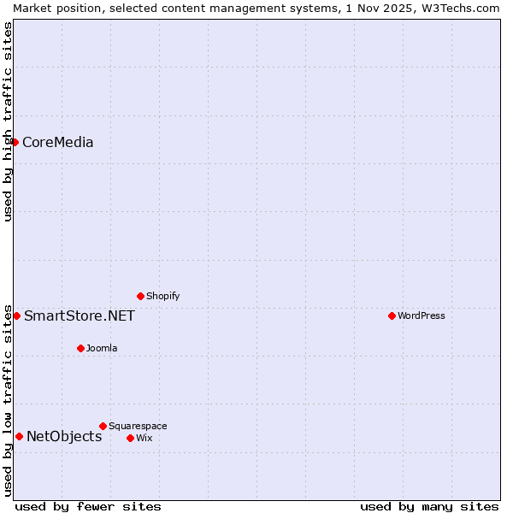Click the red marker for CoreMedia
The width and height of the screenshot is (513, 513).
point(15,142)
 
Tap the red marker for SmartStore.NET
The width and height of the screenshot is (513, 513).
point(16,315)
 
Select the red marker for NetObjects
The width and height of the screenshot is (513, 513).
point(19,436)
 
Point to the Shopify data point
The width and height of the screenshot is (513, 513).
point(140,296)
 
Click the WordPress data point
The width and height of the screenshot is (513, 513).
point(392,315)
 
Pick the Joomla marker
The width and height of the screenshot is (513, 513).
point(80,348)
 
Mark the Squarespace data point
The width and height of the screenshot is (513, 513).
point(103,426)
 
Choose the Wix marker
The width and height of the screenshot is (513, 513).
point(130,438)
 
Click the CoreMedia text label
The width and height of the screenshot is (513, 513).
point(58,143)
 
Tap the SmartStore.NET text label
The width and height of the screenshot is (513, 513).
point(80,316)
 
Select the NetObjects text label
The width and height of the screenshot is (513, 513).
point(64,437)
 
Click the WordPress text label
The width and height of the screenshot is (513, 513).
point(422,315)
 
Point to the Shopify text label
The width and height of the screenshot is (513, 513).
point(163,296)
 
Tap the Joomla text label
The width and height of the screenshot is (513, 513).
point(102,348)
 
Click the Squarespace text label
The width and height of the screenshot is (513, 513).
point(138,426)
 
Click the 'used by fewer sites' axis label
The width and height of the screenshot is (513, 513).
point(88,506)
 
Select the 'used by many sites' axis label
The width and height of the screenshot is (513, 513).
point(429,506)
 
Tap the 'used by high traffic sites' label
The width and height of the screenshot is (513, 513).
point(8,121)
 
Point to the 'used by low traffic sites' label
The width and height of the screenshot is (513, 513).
point(8,399)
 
